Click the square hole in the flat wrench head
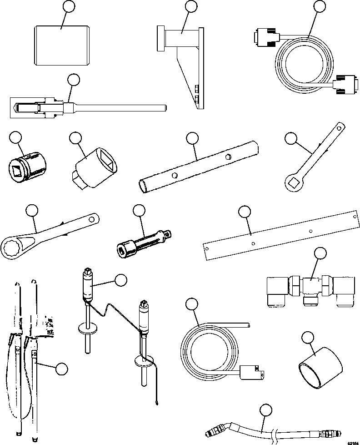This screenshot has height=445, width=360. tap(291, 183)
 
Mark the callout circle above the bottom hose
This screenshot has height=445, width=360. tap(266, 411)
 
